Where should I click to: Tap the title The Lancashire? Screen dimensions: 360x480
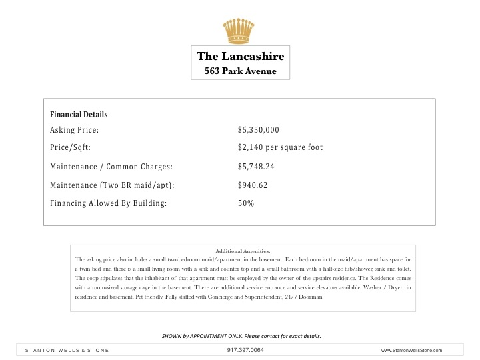tap(240, 57)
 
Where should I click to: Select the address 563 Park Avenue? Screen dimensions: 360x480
tap(240, 71)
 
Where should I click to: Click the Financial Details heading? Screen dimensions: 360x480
tap(79, 115)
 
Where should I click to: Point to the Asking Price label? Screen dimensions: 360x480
tap(75, 130)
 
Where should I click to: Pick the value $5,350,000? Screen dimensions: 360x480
tap(258, 130)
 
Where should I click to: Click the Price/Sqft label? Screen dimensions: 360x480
tap(70, 147)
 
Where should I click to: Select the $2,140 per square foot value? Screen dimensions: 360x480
tap(280, 147)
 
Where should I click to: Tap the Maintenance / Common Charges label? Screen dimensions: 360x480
tap(111, 166)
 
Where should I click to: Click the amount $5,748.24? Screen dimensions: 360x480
tap(257, 166)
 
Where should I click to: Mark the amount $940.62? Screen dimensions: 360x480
tap(253, 185)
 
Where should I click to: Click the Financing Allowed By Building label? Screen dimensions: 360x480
tap(108, 203)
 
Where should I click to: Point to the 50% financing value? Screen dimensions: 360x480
tap(246, 203)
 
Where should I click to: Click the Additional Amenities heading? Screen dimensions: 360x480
tap(243, 251)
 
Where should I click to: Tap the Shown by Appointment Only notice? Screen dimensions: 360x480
tap(241, 335)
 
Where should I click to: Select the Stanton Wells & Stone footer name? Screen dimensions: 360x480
tap(67, 350)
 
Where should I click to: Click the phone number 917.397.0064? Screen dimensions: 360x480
tap(241, 350)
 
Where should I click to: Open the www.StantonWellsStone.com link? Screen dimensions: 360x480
tap(411, 350)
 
